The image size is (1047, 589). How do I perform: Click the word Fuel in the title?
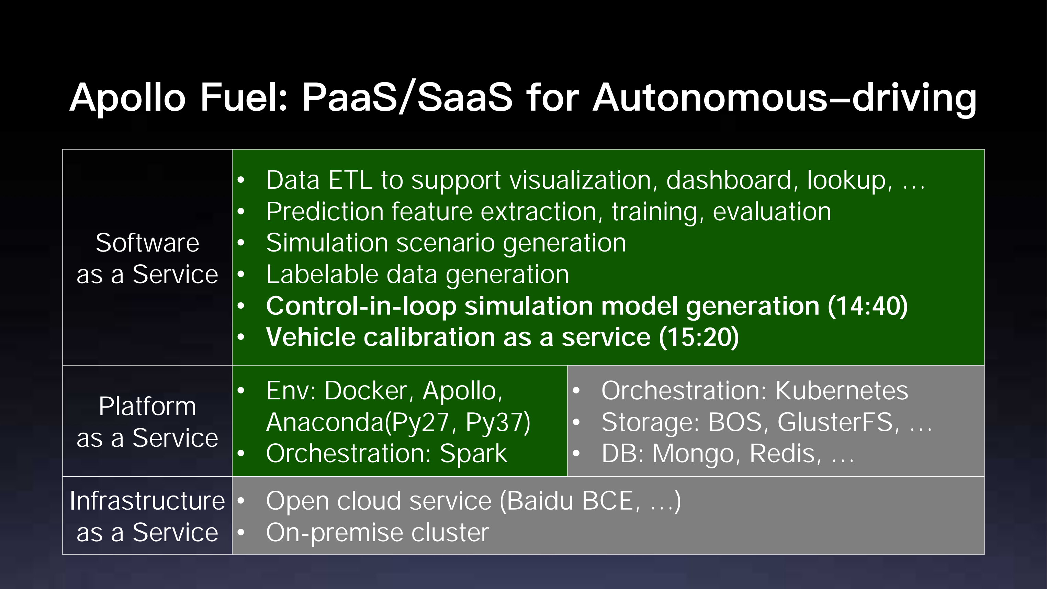244,97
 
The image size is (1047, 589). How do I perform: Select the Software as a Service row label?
147,258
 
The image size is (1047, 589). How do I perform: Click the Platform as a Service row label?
147,422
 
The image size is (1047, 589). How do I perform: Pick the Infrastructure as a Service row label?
147,516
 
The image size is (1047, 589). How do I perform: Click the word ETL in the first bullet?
350,180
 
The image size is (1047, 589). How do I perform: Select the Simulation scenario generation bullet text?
446,243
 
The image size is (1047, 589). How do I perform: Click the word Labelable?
322,274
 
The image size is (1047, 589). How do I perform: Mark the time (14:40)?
867,306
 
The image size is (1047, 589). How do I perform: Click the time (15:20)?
699,337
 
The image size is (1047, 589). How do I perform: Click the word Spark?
473,454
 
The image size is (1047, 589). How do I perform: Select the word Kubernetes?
842,391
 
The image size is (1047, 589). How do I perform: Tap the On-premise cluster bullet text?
378,533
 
